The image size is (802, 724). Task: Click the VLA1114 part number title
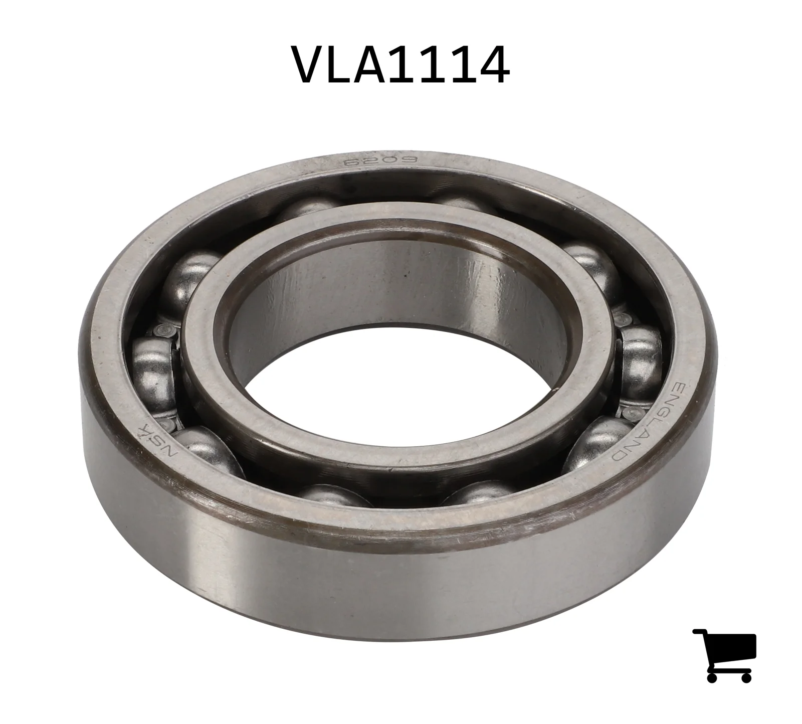coord(402,65)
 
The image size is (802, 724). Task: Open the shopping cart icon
coord(725,654)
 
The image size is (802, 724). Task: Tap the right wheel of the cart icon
coord(745,676)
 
